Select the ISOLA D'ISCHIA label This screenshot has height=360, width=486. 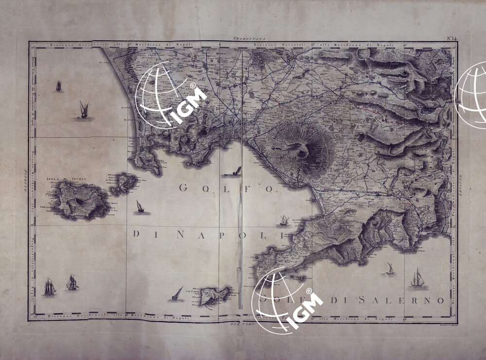[x=67, y=179]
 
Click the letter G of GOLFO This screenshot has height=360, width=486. [x=184, y=188]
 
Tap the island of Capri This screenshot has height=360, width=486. [x=210, y=295]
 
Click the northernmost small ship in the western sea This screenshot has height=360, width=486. [x=59, y=86]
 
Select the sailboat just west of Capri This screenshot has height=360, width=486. [x=177, y=294]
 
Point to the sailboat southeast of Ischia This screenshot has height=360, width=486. [x=140, y=207]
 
